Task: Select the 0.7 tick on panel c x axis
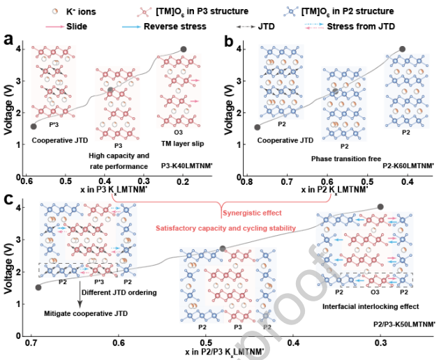(31, 343)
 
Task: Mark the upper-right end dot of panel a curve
(183, 49)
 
